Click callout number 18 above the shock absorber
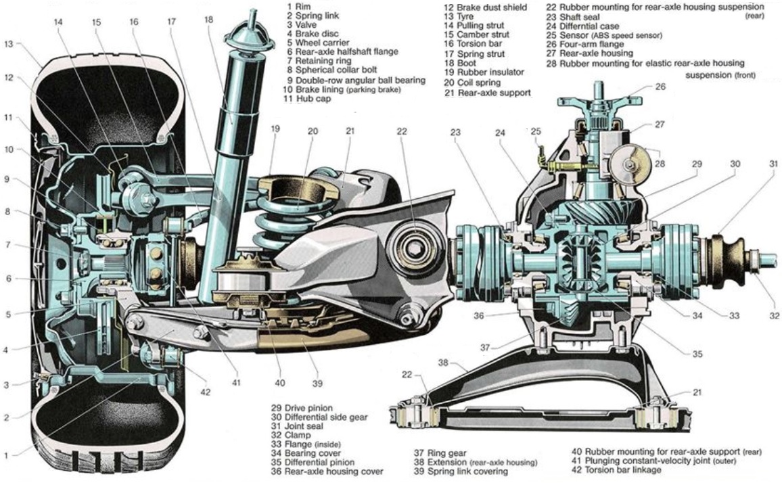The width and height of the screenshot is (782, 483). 208,20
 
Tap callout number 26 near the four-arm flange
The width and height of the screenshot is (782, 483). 660,87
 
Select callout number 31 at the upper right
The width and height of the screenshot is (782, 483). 773,164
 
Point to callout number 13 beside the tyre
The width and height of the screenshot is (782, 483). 9,45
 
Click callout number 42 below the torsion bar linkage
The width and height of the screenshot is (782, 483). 206,392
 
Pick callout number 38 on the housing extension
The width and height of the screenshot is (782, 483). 443,363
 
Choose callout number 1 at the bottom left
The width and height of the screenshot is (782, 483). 6,455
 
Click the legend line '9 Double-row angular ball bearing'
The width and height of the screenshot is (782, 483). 356,80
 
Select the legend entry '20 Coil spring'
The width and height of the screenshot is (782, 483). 472,83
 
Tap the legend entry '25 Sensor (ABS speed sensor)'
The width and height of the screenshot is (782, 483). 604,35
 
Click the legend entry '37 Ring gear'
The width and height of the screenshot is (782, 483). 440,453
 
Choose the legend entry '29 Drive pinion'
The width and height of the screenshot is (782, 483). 302,408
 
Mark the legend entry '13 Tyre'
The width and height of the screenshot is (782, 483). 459,16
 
